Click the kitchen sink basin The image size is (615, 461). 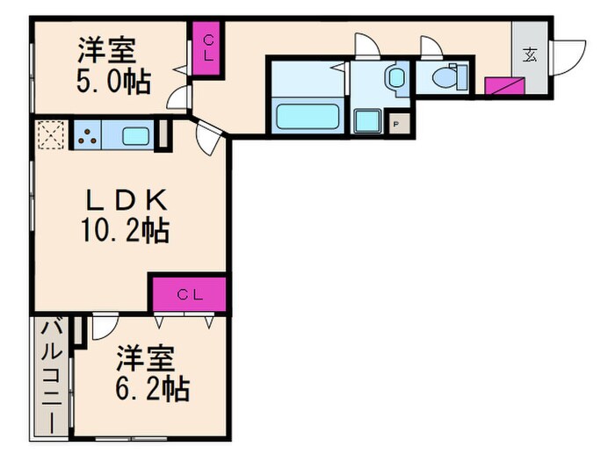[x=137, y=135]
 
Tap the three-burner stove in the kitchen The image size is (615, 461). [x=89, y=135]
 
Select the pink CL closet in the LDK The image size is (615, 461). [x=188, y=294]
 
